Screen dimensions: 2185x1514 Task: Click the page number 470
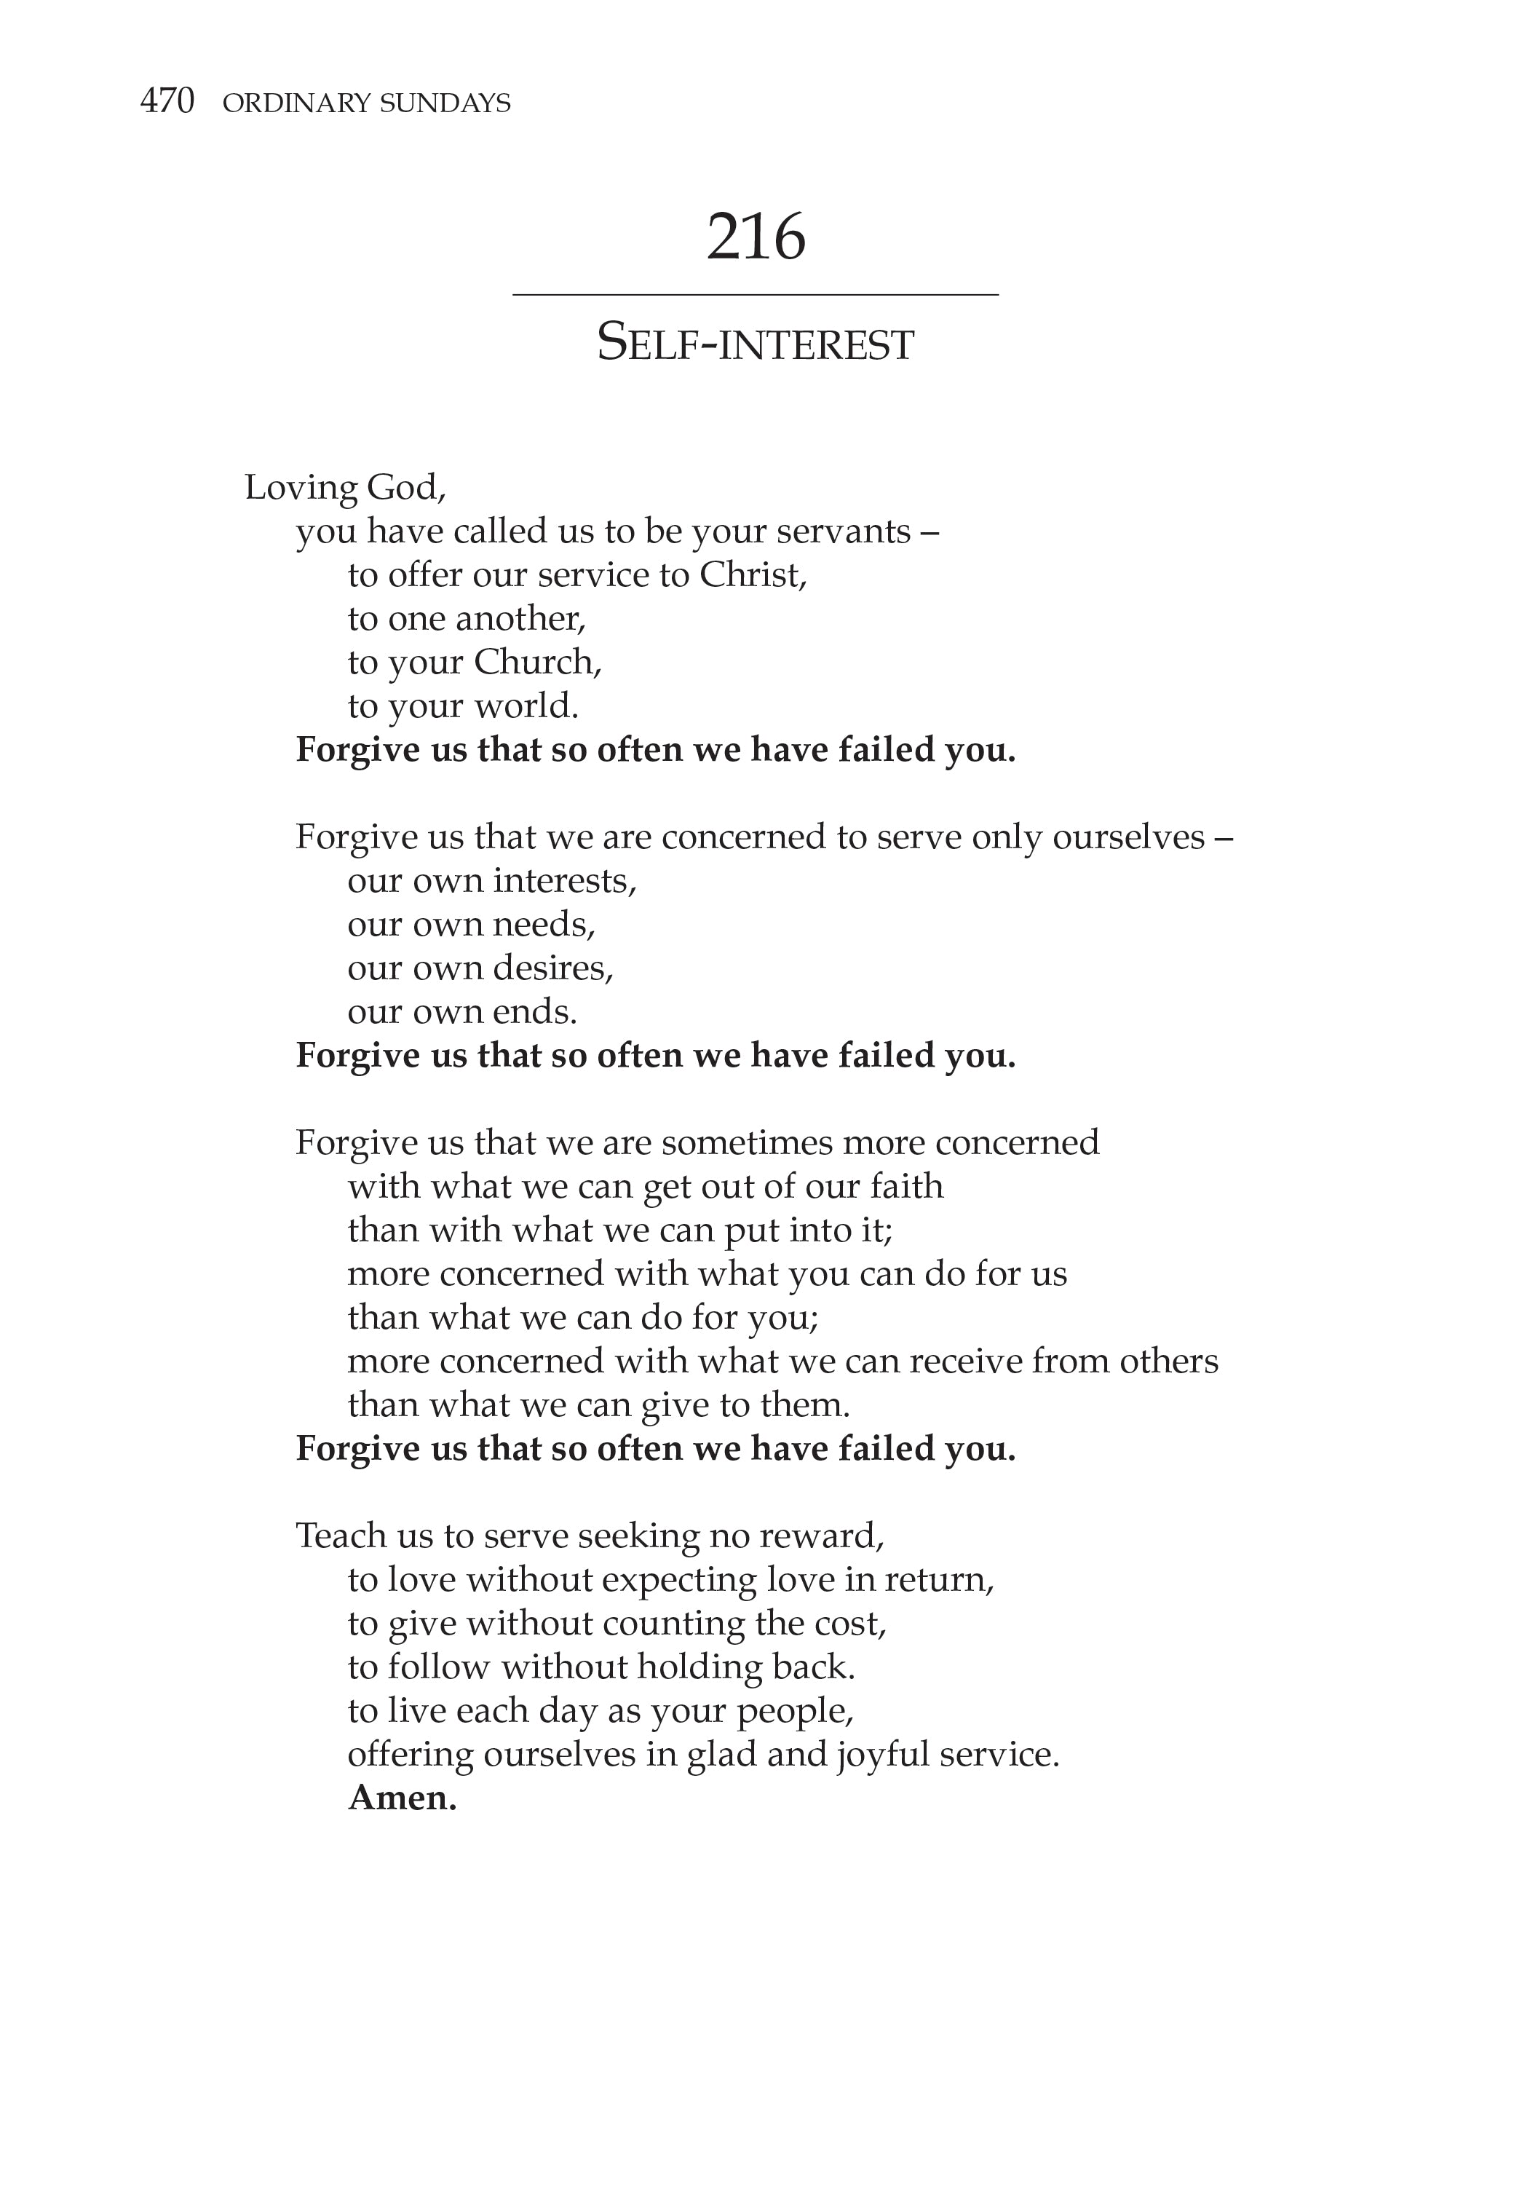tap(167, 100)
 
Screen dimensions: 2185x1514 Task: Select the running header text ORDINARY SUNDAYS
tap(366, 103)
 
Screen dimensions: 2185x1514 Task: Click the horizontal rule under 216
tap(756, 295)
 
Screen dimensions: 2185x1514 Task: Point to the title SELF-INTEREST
tap(756, 344)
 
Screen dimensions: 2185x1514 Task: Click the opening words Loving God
tap(344, 488)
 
